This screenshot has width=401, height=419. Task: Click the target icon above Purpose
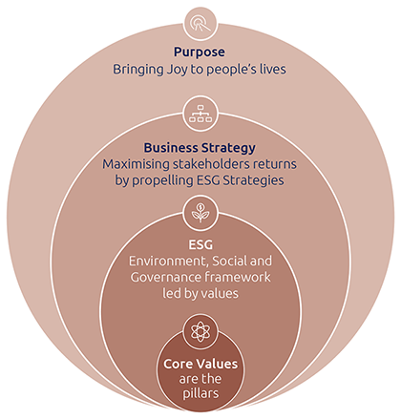200,24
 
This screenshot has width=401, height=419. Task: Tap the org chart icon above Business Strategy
200,114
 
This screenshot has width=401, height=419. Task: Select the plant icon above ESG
200,213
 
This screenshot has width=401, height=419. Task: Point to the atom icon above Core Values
200,331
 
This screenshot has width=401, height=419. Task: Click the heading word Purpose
200,52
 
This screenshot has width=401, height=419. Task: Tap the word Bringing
138,70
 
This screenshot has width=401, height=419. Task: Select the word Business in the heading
171,148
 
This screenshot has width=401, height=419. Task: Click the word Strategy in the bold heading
228,148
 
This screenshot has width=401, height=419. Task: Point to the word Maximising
136,164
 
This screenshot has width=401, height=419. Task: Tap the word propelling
162,180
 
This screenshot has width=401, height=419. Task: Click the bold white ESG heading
200,245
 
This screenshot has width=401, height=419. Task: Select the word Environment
168,262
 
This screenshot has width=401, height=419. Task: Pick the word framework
238,277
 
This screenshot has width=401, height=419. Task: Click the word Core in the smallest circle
179,364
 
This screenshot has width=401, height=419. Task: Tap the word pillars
200,394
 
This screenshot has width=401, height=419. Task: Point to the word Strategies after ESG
253,180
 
